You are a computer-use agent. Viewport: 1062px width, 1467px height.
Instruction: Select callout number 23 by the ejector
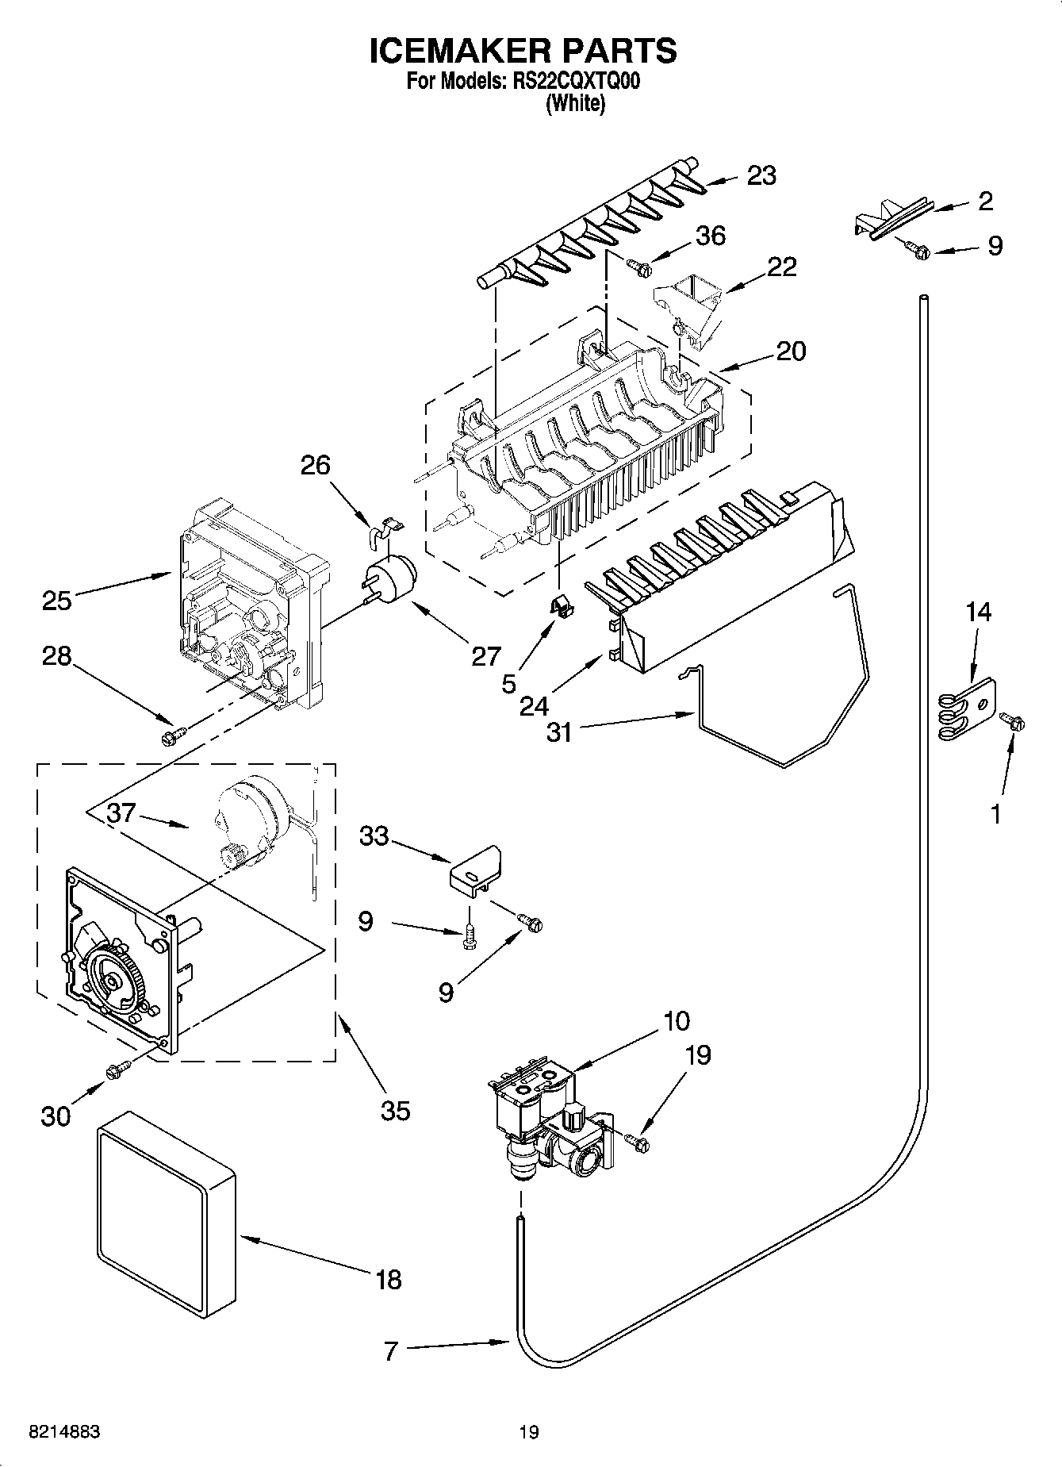[761, 175]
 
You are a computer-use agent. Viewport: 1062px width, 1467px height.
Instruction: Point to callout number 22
[781, 267]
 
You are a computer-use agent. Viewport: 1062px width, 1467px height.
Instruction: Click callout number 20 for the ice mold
[791, 351]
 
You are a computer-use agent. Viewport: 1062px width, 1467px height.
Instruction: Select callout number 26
[315, 464]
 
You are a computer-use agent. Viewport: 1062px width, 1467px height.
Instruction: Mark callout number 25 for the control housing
[56, 600]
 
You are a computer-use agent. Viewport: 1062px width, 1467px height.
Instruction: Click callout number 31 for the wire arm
[559, 732]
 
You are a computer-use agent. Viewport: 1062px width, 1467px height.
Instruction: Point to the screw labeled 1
[1013, 721]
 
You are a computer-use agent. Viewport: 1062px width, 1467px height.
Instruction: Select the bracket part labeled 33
[476, 870]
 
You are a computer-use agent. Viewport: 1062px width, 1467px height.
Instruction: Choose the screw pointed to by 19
[637, 1142]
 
